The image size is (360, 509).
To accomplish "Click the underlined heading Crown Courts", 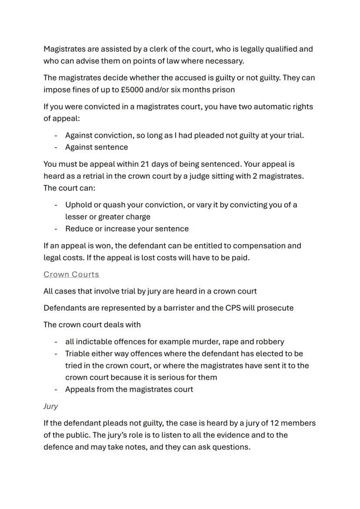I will (71, 274).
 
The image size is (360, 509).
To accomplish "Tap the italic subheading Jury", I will (50, 406).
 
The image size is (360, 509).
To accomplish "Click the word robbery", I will (269, 342).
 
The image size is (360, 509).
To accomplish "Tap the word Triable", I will (79, 353).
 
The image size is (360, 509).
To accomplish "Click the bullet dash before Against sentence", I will (56, 147).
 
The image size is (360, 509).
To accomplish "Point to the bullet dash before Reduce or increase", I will (56, 229).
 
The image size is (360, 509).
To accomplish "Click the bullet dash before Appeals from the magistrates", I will (56, 389).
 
